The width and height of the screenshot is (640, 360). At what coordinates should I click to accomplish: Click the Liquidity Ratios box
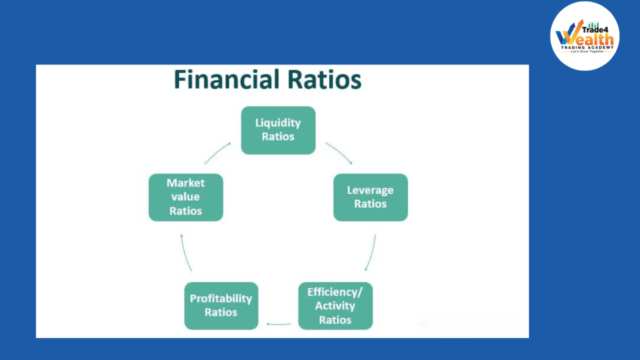pos(278,130)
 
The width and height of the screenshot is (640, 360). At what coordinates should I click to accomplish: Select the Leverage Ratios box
pos(370,197)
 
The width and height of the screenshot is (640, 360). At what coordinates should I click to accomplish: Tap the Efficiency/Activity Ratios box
pos(335,306)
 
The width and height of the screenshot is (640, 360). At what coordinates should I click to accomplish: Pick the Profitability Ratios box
pos(221,306)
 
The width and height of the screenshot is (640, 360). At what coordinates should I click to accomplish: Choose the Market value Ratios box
pos(186,197)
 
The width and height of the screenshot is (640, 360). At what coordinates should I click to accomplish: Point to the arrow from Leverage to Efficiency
pos(371,252)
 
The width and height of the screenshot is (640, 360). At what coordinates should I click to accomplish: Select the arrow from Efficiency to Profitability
pos(278,324)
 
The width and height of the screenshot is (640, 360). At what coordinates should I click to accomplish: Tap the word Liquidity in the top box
pos(278,123)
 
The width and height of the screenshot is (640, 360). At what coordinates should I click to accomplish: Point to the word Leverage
pos(370,190)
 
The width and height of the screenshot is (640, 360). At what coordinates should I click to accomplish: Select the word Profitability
pos(221,299)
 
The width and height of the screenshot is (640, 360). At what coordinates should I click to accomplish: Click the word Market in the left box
pos(186,183)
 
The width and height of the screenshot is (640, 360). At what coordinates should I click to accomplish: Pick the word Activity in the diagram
pos(335,306)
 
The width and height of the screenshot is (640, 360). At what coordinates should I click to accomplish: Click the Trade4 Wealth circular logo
pos(585,36)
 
